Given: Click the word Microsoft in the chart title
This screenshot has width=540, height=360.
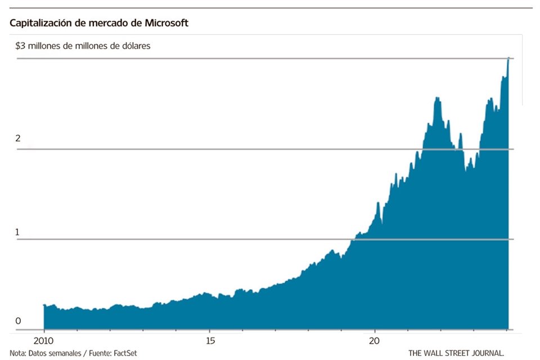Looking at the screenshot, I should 166,23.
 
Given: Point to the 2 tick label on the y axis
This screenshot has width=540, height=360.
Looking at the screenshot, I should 17,138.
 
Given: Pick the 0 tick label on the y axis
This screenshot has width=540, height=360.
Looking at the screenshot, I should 17,321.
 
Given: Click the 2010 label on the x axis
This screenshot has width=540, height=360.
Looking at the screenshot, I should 44,341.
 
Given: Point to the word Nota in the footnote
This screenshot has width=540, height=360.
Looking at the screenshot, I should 18,353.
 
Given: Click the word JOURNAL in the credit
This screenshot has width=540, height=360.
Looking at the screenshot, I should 485,353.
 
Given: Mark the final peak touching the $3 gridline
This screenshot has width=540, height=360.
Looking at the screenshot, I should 508,58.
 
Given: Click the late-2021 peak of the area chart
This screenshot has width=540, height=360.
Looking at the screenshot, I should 438,98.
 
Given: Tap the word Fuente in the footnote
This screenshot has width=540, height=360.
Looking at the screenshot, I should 98,353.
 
